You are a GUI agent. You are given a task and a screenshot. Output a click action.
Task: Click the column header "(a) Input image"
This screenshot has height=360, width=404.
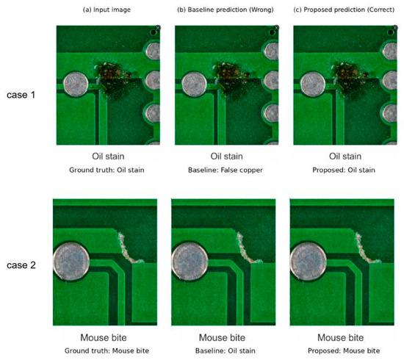point(107,10)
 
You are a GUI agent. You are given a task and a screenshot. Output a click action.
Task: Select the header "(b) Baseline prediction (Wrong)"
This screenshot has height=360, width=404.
point(226,10)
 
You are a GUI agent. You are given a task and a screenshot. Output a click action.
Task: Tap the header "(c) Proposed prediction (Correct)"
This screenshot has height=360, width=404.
point(344,10)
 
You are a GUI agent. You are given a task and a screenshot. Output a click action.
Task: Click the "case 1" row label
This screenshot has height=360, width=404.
point(21,95)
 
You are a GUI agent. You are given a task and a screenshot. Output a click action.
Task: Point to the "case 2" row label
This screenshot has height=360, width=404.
point(21,265)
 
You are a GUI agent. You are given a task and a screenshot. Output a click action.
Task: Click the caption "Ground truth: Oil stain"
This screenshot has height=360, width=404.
point(107,170)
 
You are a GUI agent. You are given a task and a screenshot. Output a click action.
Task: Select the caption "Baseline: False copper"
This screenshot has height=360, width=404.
point(226,170)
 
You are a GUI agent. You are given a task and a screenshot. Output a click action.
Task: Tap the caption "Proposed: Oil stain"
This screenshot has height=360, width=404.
point(344,170)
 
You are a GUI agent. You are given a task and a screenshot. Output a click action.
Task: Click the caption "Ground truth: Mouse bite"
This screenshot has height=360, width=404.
point(107,350)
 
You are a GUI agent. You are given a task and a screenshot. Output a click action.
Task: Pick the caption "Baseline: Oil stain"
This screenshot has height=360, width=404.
point(226,350)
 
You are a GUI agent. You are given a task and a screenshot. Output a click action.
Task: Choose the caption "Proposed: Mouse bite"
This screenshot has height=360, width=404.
point(344,350)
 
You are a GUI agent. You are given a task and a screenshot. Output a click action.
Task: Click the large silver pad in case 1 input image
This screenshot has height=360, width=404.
point(76,84)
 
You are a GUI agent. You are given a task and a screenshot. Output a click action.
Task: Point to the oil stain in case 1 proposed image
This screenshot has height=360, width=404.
point(349,77)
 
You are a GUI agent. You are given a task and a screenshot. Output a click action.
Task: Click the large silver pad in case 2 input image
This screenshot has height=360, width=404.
point(71,262)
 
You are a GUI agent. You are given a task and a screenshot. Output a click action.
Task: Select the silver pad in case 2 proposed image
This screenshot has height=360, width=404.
point(309,262)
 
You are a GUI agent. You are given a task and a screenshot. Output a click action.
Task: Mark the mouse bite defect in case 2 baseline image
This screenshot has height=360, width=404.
point(245,249)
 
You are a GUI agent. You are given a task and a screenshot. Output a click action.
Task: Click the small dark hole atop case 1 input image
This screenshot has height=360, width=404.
point(154,32)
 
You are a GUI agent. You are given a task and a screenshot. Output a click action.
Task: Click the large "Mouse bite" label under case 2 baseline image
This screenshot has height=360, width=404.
point(222,337)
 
